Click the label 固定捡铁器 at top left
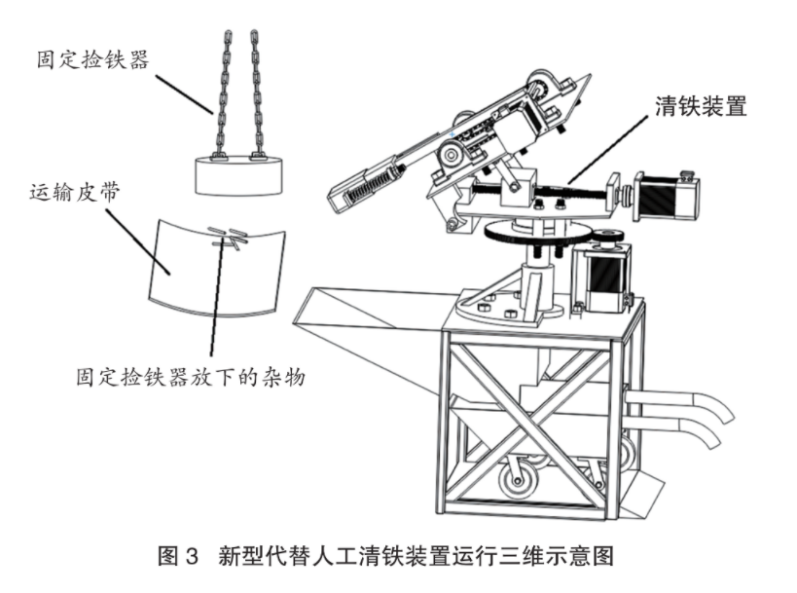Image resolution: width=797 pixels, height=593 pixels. (x=93, y=59)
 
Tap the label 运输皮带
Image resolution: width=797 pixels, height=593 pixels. (x=75, y=192)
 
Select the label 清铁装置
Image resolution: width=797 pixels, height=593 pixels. (x=701, y=107)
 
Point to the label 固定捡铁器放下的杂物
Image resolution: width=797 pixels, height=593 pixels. (x=191, y=378)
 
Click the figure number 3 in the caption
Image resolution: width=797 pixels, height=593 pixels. (x=192, y=555)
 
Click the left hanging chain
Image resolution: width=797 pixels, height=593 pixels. (x=223, y=94)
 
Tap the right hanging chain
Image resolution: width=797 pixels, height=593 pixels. (x=258, y=94)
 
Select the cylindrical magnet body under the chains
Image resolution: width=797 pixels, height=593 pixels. (x=238, y=175)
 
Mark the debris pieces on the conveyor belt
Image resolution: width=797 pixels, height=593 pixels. (x=229, y=238)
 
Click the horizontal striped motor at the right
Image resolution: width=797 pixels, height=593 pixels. (x=666, y=195)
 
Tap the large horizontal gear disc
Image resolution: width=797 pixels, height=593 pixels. (x=537, y=234)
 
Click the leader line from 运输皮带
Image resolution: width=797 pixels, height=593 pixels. (x=137, y=242)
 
